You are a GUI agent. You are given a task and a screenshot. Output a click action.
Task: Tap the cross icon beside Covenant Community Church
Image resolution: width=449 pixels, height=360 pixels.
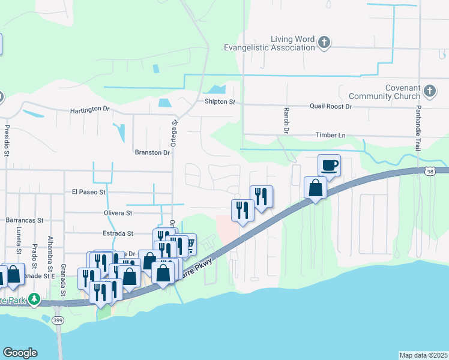click(x=429, y=91)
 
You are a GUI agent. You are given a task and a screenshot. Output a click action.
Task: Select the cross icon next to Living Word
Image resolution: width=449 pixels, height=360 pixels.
click(x=324, y=43)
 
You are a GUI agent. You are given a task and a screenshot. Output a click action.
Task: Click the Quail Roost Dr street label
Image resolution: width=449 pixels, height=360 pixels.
click(x=331, y=106)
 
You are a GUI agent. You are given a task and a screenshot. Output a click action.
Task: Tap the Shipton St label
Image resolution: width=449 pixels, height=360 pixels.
click(x=220, y=102)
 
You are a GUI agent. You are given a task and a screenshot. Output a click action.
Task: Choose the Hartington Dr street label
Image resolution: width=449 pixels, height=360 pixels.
click(x=90, y=110)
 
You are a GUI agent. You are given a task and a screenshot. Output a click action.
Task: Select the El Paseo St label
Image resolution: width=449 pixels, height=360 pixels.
click(x=89, y=193)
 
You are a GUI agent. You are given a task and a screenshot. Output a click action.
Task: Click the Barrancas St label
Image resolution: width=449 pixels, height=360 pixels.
click(x=26, y=220)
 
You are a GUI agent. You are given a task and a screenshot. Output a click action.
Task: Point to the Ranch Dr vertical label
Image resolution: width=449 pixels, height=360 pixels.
click(x=286, y=121)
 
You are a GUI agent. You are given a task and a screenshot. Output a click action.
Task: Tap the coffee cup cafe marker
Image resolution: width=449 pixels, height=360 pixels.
click(x=329, y=165)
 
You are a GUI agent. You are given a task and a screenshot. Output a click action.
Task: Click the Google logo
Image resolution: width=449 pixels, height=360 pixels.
click(x=20, y=353)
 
